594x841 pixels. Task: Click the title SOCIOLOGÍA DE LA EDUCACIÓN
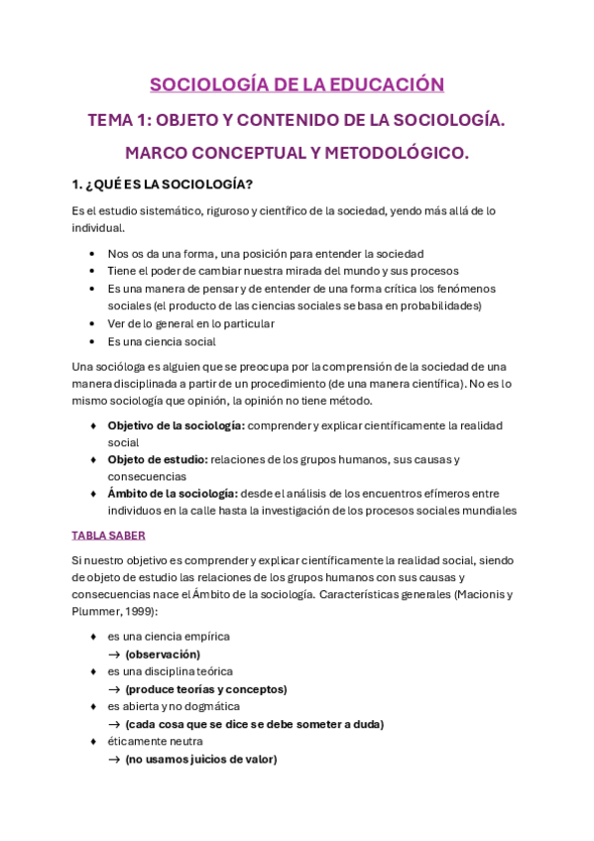point(297,84)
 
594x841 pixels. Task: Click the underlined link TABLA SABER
point(108,536)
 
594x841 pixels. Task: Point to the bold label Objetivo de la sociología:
point(176,425)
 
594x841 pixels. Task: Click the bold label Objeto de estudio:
point(158,459)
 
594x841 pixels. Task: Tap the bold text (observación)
point(163,655)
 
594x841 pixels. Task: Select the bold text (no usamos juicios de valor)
point(201,760)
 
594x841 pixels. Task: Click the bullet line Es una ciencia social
point(162,341)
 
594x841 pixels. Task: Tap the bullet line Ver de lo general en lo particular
point(191,323)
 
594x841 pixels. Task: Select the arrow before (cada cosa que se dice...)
point(115,725)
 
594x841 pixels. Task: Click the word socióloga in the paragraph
point(121,366)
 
